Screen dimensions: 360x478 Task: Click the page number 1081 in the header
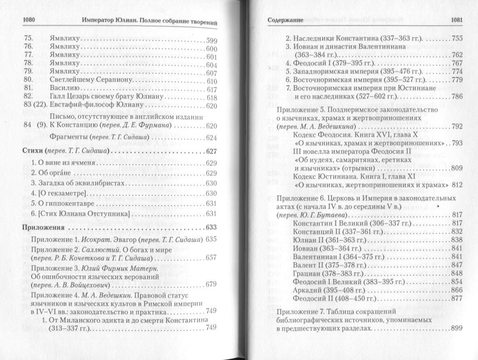pyautogui.click(x=455, y=20)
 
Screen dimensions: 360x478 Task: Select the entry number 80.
pyautogui.click(x=28, y=81)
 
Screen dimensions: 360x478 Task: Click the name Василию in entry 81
pyautogui.click(x=65, y=89)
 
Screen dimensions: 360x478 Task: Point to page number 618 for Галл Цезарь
pyautogui.click(x=211, y=98)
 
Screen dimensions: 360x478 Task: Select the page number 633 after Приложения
pyautogui.click(x=211, y=228)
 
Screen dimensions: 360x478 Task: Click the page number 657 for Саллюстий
pyautogui.click(x=211, y=258)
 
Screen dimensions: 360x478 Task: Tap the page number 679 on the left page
pyautogui.click(x=211, y=284)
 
